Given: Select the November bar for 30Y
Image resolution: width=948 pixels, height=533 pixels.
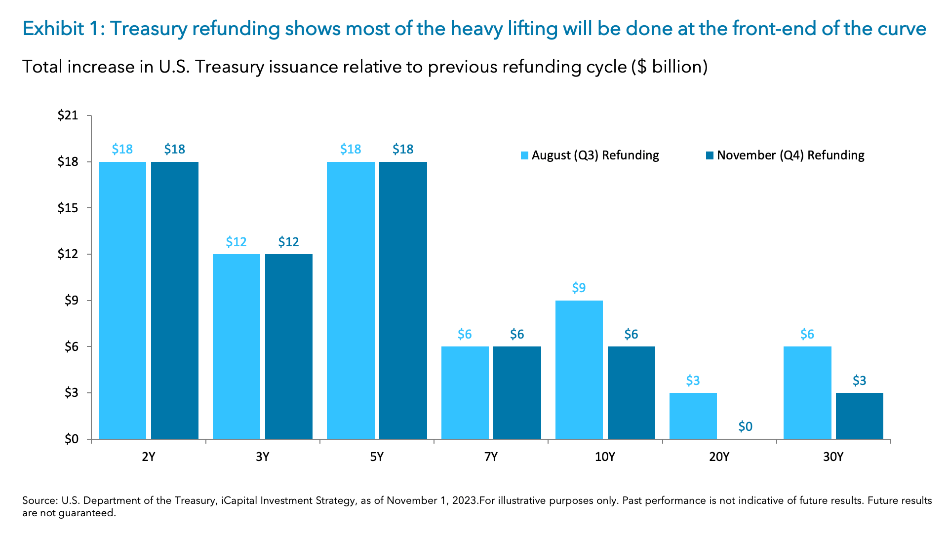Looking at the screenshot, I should pyautogui.click(x=859, y=416).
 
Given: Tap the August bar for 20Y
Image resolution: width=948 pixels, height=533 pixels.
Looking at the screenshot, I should pyautogui.click(x=693, y=416).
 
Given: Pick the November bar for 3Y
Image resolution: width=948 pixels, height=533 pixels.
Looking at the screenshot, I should pyautogui.click(x=288, y=346).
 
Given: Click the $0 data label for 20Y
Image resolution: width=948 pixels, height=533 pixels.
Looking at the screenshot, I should pyautogui.click(x=745, y=426).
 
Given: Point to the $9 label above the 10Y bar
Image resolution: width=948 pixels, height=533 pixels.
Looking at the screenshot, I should pyautogui.click(x=579, y=288).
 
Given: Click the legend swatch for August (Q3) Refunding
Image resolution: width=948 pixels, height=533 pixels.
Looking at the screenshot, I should pyautogui.click(x=524, y=155).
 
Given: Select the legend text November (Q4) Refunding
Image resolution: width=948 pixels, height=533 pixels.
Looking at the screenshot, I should pyautogui.click(x=790, y=155).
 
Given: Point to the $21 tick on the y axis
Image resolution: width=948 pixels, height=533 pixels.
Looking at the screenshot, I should pyautogui.click(x=68, y=115).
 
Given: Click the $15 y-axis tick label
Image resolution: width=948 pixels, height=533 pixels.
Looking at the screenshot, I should pyautogui.click(x=68, y=208).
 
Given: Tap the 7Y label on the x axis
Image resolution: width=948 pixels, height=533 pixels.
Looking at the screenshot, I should pyautogui.click(x=491, y=457).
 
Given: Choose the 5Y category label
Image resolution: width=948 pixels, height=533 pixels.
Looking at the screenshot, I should pyautogui.click(x=377, y=457).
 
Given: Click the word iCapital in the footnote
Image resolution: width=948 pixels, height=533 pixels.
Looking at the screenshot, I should pyautogui.click(x=238, y=500).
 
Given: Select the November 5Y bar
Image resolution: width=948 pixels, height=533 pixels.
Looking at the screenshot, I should pyautogui.click(x=403, y=300).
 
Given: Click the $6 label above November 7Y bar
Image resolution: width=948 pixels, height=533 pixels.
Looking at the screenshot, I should pyautogui.click(x=516, y=334).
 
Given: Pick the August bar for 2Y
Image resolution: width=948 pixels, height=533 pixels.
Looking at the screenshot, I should pyautogui.click(x=122, y=300).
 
